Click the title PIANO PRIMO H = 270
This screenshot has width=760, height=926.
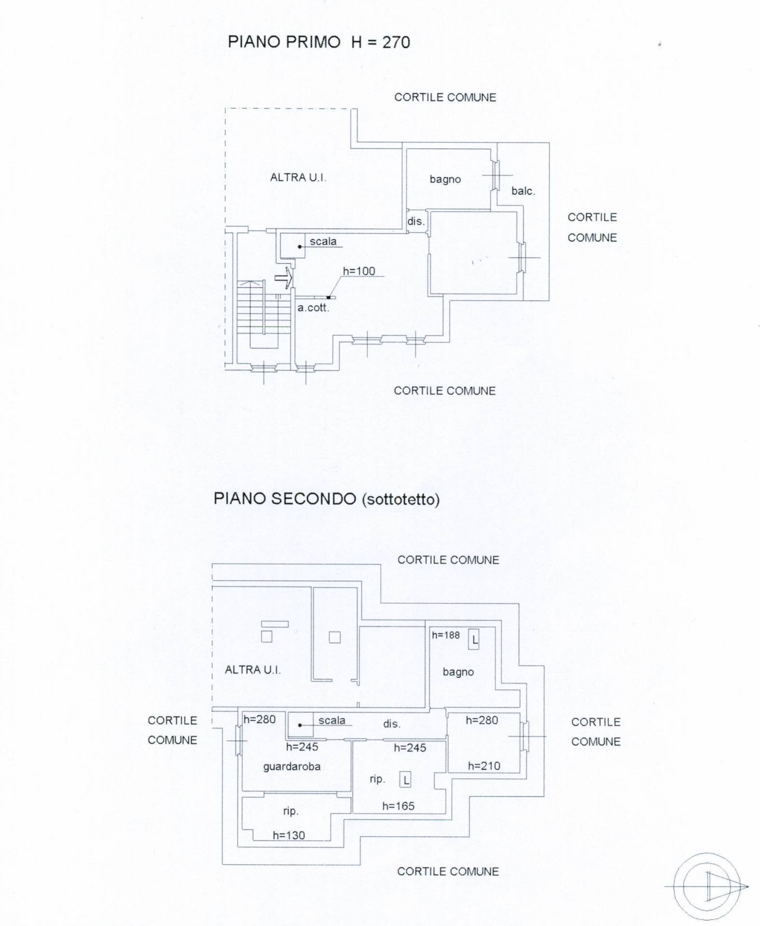318,42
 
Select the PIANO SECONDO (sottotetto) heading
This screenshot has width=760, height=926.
326,499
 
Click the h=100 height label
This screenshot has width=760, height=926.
359,271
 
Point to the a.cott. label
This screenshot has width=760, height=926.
313,308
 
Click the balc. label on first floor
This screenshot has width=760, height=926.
523,191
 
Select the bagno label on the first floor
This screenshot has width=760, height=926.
445,179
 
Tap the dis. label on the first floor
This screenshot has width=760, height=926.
416,221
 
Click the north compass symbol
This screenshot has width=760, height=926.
707,886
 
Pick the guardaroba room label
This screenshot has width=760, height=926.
291,766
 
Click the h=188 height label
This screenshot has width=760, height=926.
446,635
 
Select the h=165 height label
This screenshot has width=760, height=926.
398,805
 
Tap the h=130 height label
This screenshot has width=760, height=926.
289,835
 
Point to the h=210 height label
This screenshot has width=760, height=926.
484,765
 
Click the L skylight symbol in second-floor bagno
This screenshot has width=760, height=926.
474,640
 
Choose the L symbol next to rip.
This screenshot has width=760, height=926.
405,780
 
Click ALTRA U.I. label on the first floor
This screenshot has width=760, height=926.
298,177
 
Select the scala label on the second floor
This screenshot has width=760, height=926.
332,720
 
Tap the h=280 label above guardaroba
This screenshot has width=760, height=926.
259,719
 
